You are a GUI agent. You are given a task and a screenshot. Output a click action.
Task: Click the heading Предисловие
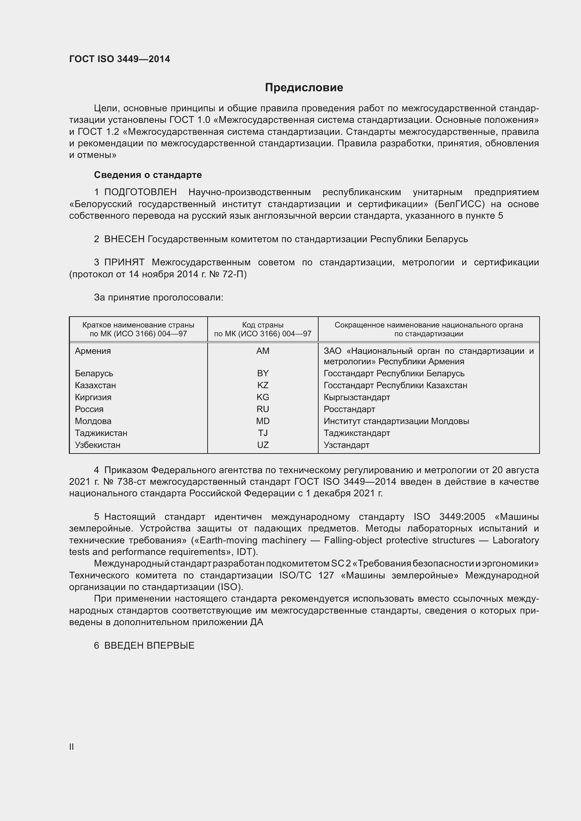(x=304, y=88)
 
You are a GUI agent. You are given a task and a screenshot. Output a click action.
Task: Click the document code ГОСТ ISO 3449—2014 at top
(x=119, y=59)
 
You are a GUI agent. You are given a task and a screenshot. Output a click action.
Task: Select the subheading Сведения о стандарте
(x=148, y=175)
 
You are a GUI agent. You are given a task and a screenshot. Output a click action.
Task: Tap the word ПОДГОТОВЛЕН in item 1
(x=140, y=192)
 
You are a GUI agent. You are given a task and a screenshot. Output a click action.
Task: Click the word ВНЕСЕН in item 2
(x=124, y=239)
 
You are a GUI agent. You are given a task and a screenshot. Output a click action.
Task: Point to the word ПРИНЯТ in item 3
(x=124, y=262)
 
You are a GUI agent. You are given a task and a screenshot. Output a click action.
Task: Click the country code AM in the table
(x=263, y=351)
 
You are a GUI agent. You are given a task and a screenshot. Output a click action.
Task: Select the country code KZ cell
(x=263, y=385)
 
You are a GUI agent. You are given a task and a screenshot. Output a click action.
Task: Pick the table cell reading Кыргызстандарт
(x=357, y=397)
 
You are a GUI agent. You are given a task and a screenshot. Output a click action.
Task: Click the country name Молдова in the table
(x=93, y=421)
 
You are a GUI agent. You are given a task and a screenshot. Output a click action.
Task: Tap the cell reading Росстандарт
(x=349, y=409)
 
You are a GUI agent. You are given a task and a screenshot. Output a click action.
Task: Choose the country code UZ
(x=263, y=445)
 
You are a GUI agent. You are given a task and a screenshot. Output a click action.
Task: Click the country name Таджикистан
(x=101, y=433)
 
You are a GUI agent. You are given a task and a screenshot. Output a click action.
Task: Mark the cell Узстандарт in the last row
(x=346, y=445)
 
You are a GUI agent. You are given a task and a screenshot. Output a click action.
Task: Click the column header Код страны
(x=263, y=325)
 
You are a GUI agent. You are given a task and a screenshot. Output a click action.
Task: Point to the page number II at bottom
(x=72, y=747)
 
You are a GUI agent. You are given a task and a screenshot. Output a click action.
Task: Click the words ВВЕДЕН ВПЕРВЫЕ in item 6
(x=149, y=645)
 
